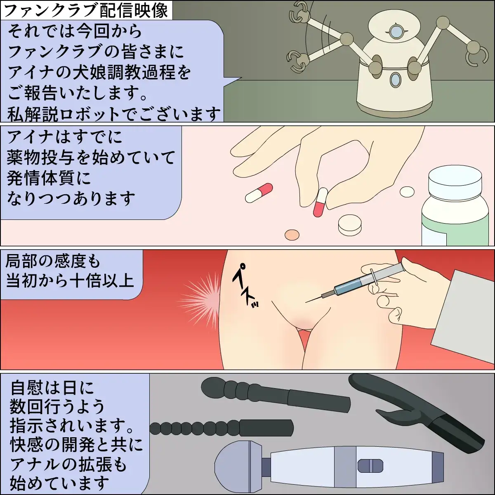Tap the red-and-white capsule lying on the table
259,193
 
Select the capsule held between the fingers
321,203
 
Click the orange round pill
292,235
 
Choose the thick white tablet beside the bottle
350,225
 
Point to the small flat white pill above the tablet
407,192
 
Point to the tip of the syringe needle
305,302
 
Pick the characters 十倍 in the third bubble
85,281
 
